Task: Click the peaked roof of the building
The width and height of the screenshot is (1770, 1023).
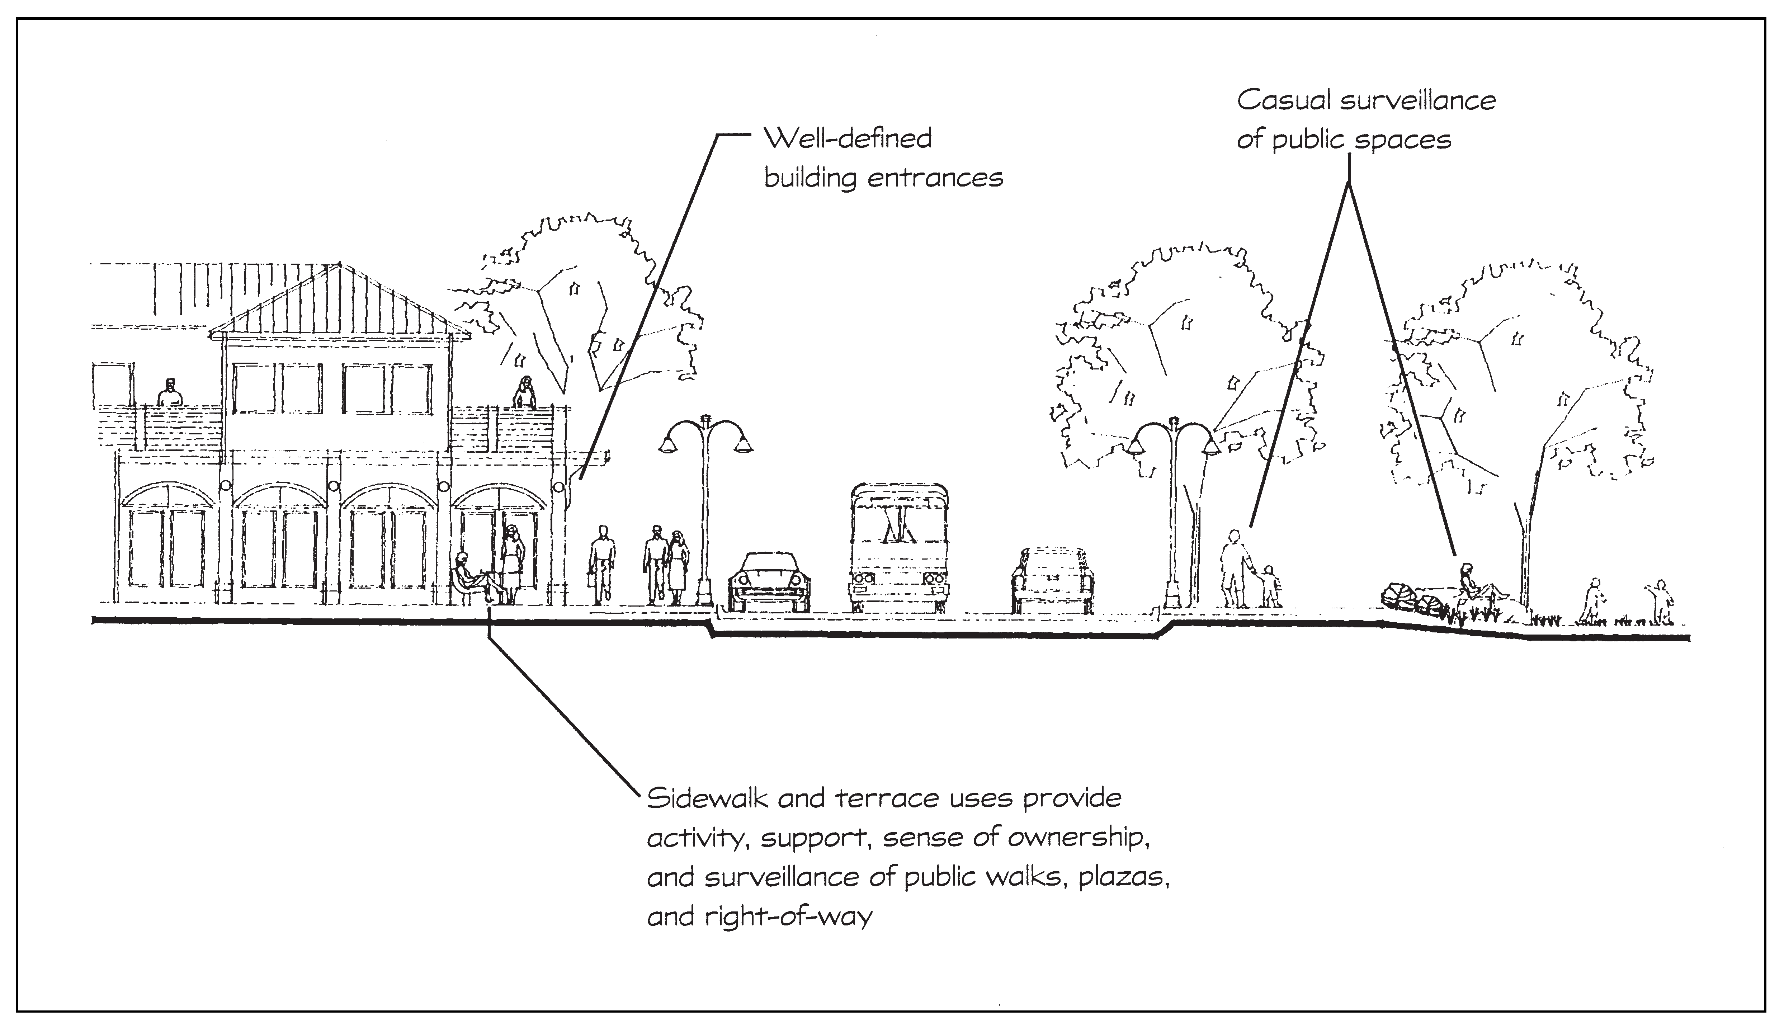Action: tap(340, 302)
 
